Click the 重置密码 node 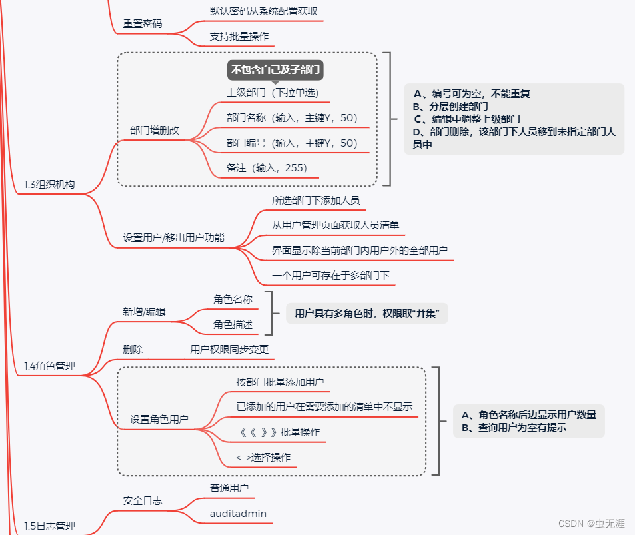pos(142,23)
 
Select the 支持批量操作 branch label pos(239,36)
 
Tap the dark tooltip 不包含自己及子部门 pos(275,69)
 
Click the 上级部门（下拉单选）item pos(277,93)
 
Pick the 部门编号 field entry pos(292,143)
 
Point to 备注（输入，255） pos(267,168)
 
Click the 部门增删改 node pos(154,131)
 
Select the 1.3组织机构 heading pos(49,185)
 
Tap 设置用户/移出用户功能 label pos(173,237)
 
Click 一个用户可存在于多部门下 pos(330,275)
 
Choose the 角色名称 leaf pos(233,299)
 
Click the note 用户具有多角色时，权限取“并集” pos(366,313)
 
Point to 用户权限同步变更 pos(229,349)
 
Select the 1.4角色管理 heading pos(49,366)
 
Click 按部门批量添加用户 pos(280,382)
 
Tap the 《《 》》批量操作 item pos(279,432)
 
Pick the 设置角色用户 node pos(159,420)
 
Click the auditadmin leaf pos(238,514)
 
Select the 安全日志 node pos(142,500)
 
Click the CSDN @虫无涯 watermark pos(590,523)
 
